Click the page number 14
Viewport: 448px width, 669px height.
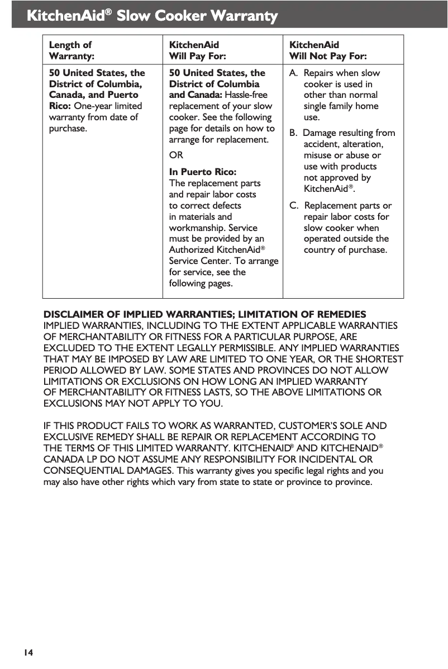(27, 652)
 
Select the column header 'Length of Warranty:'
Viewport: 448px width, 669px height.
(72, 50)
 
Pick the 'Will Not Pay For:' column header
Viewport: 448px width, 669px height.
(327, 56)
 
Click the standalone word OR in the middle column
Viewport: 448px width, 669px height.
(176, 155)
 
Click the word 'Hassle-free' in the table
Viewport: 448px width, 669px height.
(246, 95)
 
